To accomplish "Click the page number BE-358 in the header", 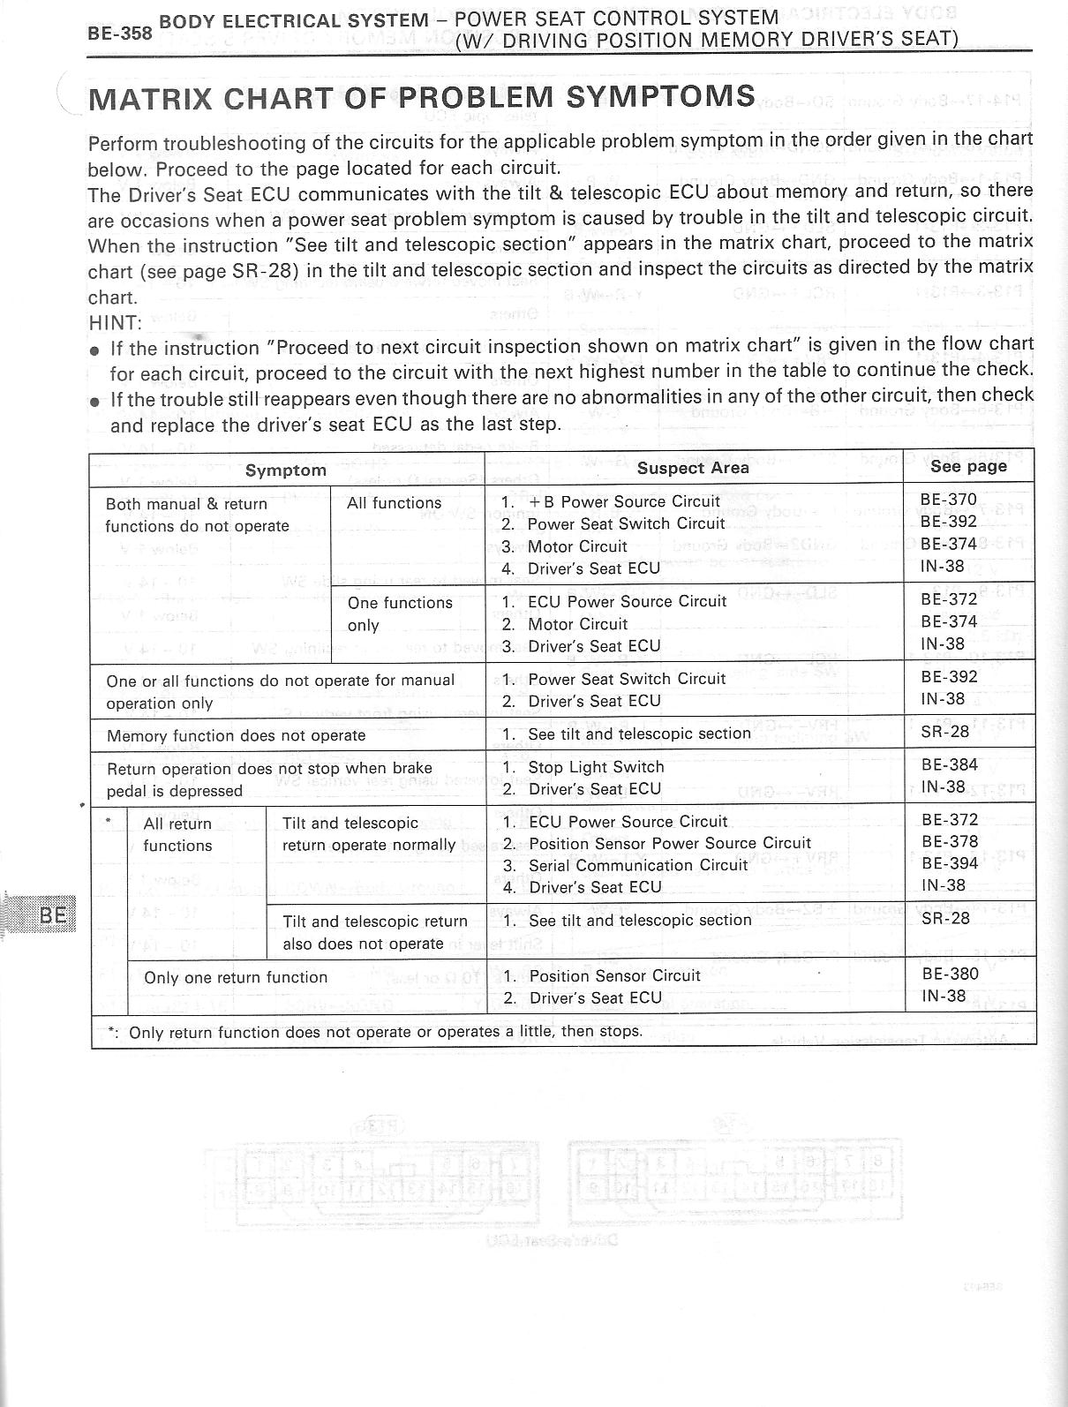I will tap(119, 33).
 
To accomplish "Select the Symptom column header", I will tap(285, 470).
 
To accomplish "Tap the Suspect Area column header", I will tap(693, 468).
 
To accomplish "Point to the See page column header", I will tap(968, 466).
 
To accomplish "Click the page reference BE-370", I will tap(949, 500).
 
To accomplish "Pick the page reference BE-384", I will tap(950, 765).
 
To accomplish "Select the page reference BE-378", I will tap(950, 841).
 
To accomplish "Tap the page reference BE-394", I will tap(950, 863).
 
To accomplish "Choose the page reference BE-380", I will tap(950, 974).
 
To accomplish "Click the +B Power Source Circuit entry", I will tap(624, 501).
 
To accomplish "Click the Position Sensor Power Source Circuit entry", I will tap(669, 843).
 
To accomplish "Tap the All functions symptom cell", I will tap(394, 503).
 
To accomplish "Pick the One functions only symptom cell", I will tap(400, 613).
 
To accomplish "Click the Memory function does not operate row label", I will tap(236, 735).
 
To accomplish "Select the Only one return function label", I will tap(236, 977).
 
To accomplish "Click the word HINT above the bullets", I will tap(115, 323).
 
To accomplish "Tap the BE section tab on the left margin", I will tap(53, 914).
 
